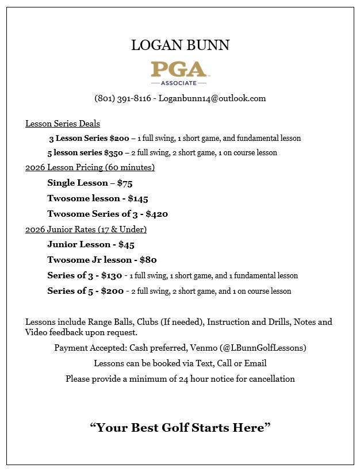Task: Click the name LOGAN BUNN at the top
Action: pos(180,45)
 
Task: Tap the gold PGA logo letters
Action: pos(179,70)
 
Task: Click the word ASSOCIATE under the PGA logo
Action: pos(179,83)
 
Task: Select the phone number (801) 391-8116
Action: pos(122,98)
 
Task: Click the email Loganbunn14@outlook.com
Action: pos(212,98)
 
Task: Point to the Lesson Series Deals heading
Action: pos(63,124)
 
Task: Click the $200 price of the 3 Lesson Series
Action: pos(119,139)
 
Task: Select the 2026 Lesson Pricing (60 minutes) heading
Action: pos(90,168)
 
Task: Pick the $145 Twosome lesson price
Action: pos(139,198)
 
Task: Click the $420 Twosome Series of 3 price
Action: pos(156,214)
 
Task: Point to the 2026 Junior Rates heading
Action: pos(86,229)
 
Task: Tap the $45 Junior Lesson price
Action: pos(126,244)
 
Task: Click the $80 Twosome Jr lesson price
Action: pos(148,260)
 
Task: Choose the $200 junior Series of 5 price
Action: pos(112,291)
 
